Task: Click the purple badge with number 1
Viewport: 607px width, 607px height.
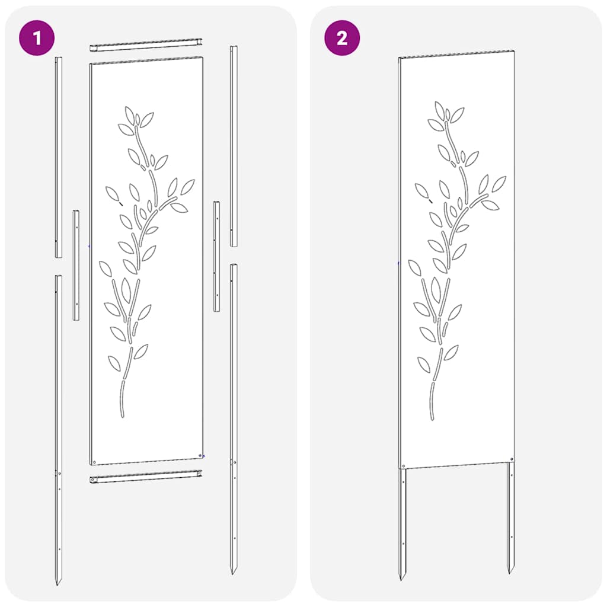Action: pos(37,39)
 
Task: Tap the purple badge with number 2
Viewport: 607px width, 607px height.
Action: pos(341,39)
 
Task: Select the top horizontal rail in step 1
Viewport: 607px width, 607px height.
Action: pos(146,46)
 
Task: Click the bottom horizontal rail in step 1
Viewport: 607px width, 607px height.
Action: pos(146,476)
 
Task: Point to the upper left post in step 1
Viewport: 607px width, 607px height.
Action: pos(58,157)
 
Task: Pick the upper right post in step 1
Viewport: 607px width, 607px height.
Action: pos(234,145)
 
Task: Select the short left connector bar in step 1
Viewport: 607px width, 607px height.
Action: pos(76,265)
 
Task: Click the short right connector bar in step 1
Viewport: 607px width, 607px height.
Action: pos(217,256)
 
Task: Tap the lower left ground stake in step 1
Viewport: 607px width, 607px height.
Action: pos(58,427)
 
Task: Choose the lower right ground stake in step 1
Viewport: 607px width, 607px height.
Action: pos(234,415)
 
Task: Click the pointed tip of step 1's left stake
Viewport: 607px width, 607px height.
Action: pos(58,583)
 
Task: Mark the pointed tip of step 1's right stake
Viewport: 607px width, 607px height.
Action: pos(234,571)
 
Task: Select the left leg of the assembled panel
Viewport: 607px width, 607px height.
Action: pos(403,522)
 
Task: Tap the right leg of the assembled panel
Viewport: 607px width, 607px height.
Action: pos(510,516)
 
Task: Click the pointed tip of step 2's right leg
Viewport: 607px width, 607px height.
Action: pos(510,571)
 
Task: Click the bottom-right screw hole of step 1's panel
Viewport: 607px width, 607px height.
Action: pos(199,455)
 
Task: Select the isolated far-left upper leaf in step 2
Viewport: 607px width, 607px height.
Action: pos(422,190)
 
